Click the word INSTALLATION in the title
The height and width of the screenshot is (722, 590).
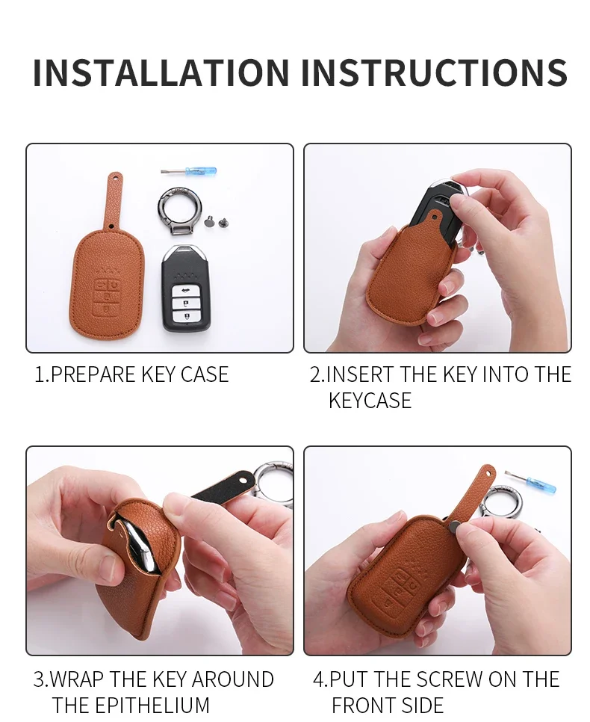(161, 72)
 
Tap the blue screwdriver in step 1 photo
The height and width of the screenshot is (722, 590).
(188, 172)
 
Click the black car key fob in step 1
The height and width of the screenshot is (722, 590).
(186, 289)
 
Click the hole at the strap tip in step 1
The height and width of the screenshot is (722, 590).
(114, 176)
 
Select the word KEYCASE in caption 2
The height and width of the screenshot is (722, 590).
(370, 400)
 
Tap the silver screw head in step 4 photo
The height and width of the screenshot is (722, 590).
(453, 526)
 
